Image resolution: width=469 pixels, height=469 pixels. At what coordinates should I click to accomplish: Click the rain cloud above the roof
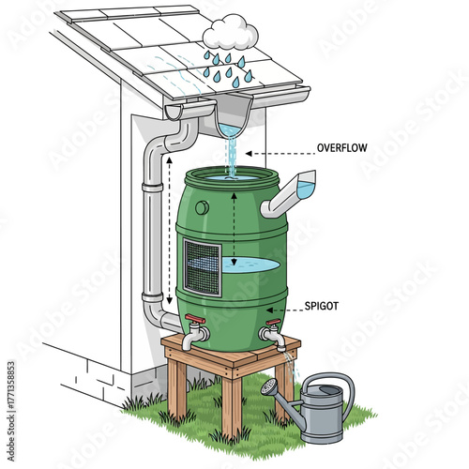click(230, 35)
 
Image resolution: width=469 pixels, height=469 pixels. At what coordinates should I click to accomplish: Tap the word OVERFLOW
click(342, 147)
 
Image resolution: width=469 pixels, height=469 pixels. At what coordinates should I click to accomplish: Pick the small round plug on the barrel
click(201, 208)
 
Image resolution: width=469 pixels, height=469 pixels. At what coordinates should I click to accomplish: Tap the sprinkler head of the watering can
click(270, 386)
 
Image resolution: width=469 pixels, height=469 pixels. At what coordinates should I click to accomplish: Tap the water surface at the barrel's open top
click(231, 175)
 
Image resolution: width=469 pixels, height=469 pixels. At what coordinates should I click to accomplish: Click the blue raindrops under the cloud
click(224, 66)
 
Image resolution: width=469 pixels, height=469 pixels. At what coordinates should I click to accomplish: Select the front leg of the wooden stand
click(231, 403)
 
